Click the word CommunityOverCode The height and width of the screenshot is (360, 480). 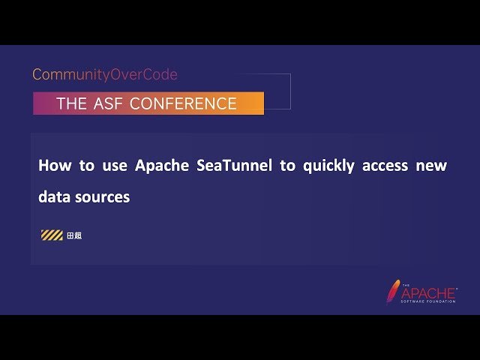tap(105, 75)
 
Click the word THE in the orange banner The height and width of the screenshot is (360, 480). tap(72, 104)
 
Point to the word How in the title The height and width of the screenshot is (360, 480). tap(52, 166)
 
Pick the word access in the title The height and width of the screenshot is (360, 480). tap(385, 166)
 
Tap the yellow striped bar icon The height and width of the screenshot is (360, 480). tap(52, 235)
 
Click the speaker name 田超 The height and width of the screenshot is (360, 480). tap(73, 235)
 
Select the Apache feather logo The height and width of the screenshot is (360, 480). tap(393, 292)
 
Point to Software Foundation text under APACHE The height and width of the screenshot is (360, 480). tap(429, 301)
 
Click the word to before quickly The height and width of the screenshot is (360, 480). tap(288, 166)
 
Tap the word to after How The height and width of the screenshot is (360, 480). tap(87, 166)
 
